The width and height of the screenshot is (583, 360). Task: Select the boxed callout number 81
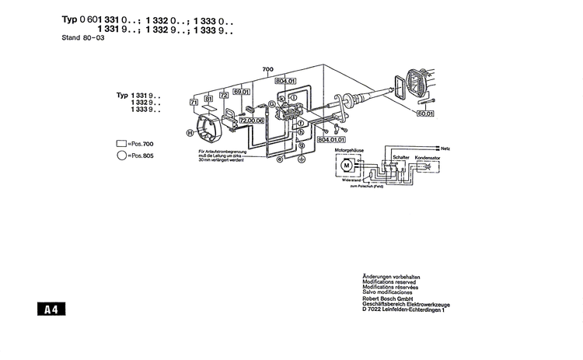208,99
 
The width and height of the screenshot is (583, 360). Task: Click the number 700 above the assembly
268,69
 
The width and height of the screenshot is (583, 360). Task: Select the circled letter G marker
271,103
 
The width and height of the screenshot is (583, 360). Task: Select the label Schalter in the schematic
400,156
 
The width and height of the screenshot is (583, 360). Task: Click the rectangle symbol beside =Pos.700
120,144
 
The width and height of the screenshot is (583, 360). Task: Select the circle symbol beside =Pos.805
120,156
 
